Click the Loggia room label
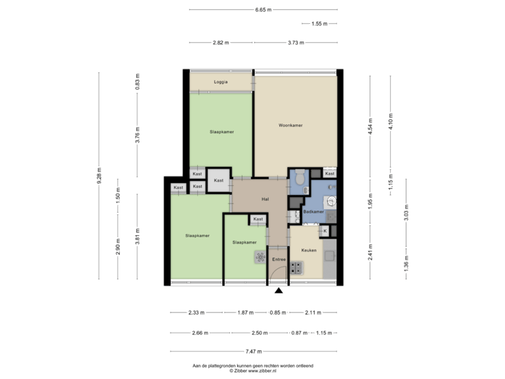pyautogui.click(x=220, y=82)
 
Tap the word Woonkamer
pyautogui.click(x=290, y=125)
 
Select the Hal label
pyautogui.click(x=265, y=199)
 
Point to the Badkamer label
pyautogui.click(x=313, y=211)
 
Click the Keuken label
pyautogui.click(x=309, y=250)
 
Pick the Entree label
pyautogui.click(x=278, y=259)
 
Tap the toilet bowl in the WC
pyautogui.click(x=299, y=180)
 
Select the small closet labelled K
pyautogui.click(x=325, y=230)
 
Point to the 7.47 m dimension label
pyautogui.click(x=253, y=351)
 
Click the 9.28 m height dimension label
pyautogui.click(x=99, y=175)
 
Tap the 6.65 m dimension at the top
pyautogui.click(x=263, y=10)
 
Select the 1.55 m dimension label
pyautogui.click(x=319, y=24)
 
